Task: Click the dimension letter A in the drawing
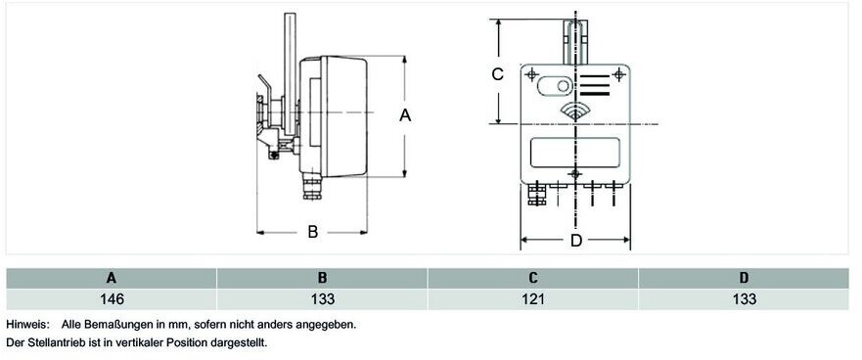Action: coord(405,115)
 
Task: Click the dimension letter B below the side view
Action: coord(313,232)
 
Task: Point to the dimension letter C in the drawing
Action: coord(497,73)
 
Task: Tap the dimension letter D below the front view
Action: coord(575,241)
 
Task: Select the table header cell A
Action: coord(112,278)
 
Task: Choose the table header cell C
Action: coord(533,278)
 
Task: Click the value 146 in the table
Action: coord(113,299)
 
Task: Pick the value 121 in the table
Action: coord(533,299)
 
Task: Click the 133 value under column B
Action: coord(323,299)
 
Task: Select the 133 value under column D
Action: coord(745,299)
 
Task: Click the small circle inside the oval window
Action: coord(563,86)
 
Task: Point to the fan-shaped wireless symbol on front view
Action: coord(574,112)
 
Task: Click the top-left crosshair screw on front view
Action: coord(531,74)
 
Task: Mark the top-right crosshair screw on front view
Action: coord(619,74)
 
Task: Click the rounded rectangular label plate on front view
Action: coord(575,153)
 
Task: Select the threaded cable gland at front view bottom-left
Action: coord(536,195)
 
